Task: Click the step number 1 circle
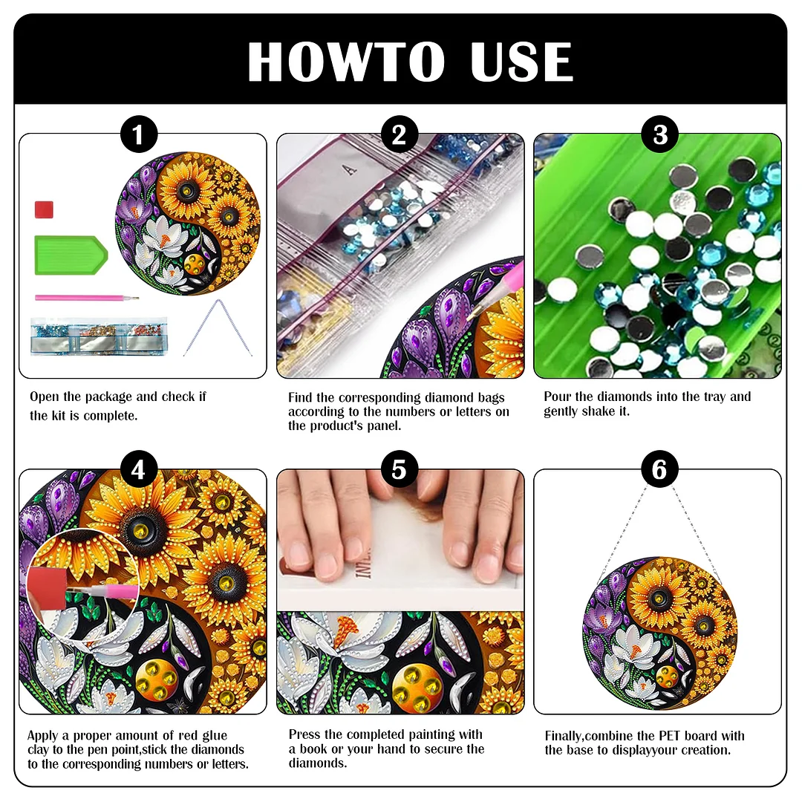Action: coord(139,135)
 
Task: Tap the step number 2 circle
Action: coord(400,135)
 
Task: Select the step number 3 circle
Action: coord(660,135)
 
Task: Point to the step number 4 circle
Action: coord(139,470)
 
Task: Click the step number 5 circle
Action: coord(400,470)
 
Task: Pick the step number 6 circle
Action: coord(660,470)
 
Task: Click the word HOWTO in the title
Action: coord(346,62)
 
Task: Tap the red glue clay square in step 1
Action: coord(45,209)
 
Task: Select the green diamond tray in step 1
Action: coord(70,255)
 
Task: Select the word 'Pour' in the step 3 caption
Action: coord(557,397)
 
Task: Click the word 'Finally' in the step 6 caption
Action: coord(567,736)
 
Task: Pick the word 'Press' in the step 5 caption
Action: coord(304,734)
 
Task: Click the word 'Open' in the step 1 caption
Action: coord(44,397)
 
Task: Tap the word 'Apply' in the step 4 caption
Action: coord(44,736)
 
